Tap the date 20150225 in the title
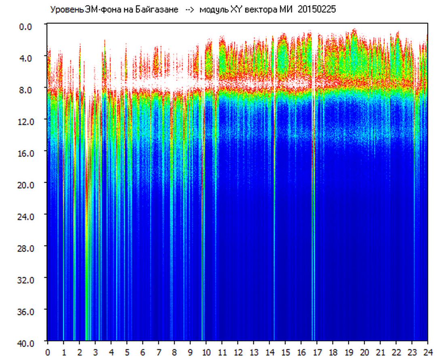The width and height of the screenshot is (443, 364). [317, 10]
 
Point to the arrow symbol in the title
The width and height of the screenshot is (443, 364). [190, 10]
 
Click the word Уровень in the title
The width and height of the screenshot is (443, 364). [67, 10]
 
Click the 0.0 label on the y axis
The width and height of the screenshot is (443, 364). [25, 27]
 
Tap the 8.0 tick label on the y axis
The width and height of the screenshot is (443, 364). [25, 90]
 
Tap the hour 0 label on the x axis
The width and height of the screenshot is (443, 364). [47, 353]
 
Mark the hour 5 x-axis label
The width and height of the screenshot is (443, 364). [127, 353]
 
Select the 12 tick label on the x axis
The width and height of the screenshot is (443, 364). [238, 353]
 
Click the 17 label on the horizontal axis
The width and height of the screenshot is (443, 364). [318, 353]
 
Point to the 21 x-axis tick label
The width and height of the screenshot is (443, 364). [381, 353]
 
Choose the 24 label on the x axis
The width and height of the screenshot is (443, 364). [428, 353]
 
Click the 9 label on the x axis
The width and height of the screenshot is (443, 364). [190, 353]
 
